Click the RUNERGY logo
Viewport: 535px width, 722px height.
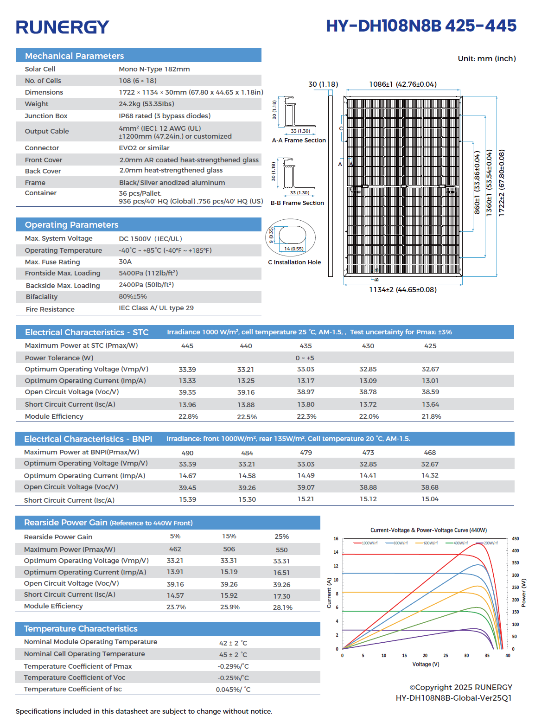(x=63, y=27)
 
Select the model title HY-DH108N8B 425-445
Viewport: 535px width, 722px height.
(x=421, y=26)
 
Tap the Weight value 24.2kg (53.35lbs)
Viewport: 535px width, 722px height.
(x=146, y=104)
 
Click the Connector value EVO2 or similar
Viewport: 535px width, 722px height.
(x=144, y=148)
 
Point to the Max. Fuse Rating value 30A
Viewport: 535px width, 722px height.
(x=125, y=262)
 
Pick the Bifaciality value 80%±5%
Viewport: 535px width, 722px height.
(x=133, y=296)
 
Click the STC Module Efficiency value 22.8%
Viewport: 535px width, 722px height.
(x=188, y=416)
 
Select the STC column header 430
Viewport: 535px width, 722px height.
(x=368, y=346)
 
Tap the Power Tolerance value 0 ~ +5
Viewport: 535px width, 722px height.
(x=305, y=358)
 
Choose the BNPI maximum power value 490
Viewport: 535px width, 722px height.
(x=187, y=453)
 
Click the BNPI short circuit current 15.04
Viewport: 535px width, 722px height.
(x=430, y=499)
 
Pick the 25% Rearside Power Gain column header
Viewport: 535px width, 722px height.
(x=281, y=537)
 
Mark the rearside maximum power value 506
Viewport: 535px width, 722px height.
(x=229, y=549)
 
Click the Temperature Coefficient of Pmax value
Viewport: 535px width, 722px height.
(x=233, y=666)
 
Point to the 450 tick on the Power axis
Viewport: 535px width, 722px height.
(x=515, y=539)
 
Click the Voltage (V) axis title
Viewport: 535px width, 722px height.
(x=425, y=664)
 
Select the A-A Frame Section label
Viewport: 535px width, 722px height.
(x=299, y=141)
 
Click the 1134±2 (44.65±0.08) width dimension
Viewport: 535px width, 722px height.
(x=402, y=290)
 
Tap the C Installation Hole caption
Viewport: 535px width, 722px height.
(x=294, y=262)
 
